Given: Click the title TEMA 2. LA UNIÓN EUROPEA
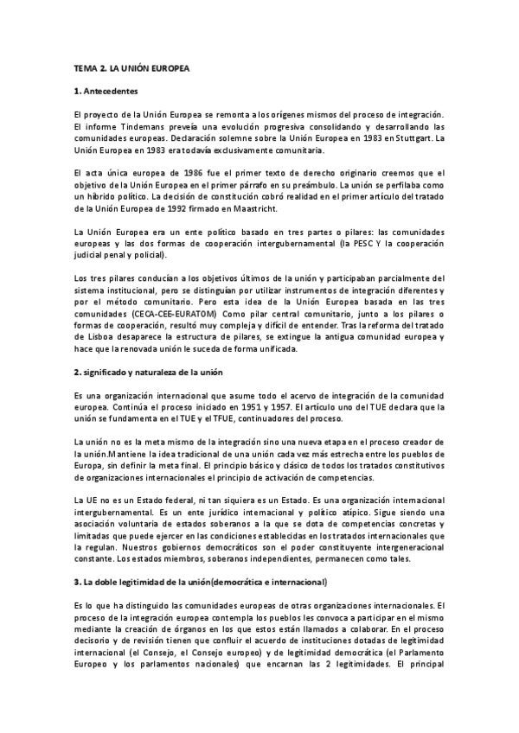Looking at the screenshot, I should pos(131,67).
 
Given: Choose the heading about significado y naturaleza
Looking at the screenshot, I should pos(149,372).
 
